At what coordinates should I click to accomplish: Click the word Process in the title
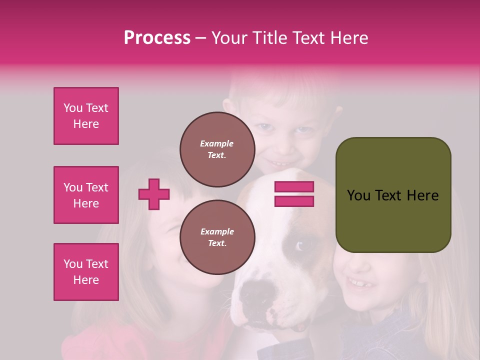click(157, 38)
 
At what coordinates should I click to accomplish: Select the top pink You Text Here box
click(86, 116)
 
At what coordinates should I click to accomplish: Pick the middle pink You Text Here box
click(86, 195)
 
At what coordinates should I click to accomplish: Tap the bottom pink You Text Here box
click(86, 272)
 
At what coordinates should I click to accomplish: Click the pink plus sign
click(154, 194)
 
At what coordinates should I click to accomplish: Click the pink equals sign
click(294, 194)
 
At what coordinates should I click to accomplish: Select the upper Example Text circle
click(217, 149)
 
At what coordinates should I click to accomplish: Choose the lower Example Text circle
click(217, 237)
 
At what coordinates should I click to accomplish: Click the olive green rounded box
click(393, 195)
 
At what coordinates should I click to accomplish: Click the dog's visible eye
click(300, 245)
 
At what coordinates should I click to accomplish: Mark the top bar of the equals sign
click(294, 187)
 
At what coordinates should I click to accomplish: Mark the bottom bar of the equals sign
click(294, 201)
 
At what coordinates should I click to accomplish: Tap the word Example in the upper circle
click(217, 143)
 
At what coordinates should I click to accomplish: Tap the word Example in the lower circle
click(217, 231)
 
